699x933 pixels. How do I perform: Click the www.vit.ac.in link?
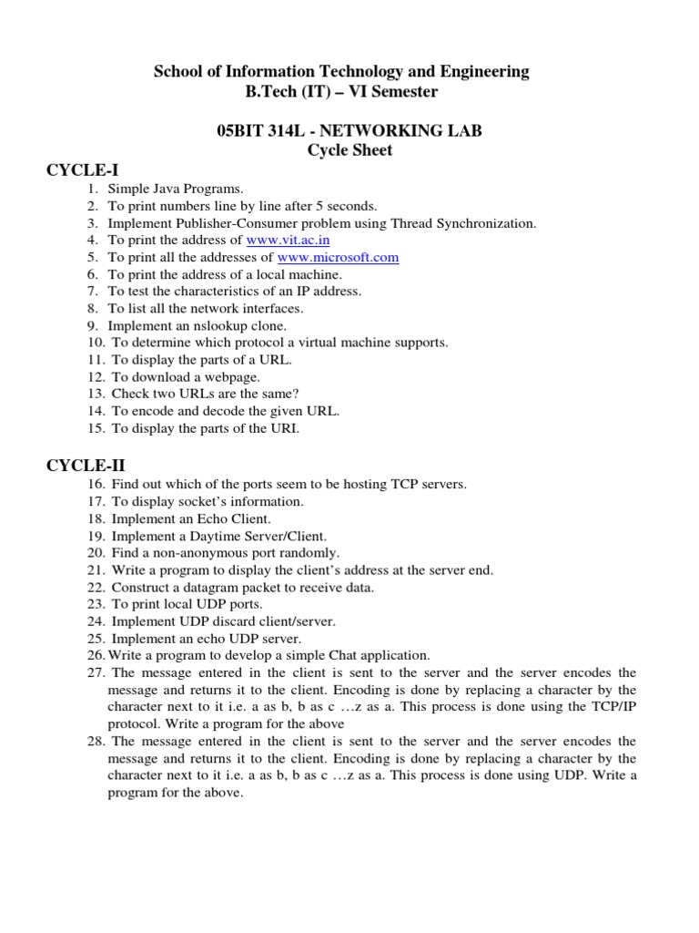(x=288, y=240)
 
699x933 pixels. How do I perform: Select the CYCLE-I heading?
(x=83, y=169)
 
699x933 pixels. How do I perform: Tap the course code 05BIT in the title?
(x=237, y=131)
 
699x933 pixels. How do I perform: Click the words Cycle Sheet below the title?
(x=349, y=150)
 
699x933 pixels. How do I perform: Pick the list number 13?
(x=96, y=394)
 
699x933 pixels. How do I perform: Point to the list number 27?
(x=96, y=672)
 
